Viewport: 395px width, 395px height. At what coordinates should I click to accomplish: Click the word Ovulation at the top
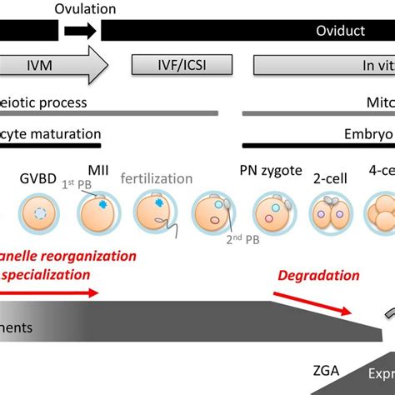87,10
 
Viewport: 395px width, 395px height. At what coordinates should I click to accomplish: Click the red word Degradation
318,276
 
